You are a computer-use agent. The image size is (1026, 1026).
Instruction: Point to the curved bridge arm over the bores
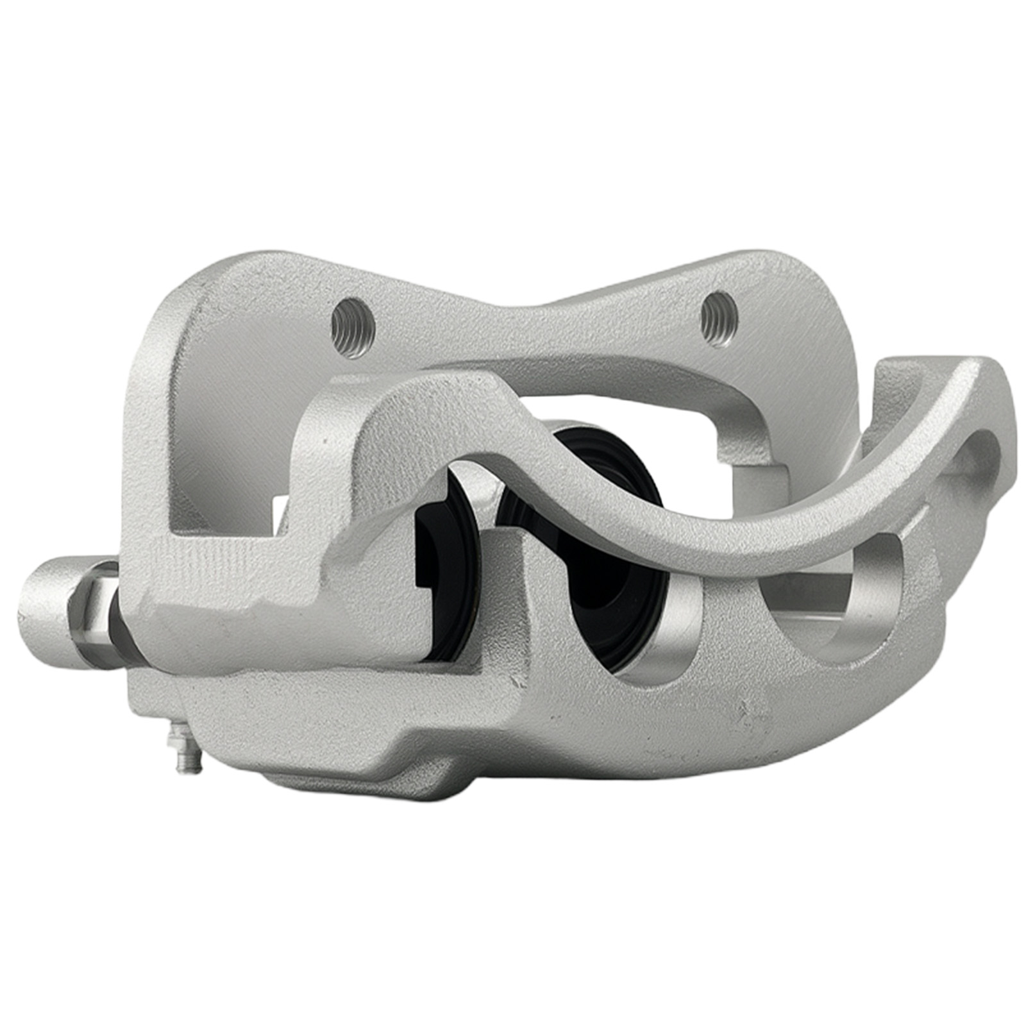pos(641,507)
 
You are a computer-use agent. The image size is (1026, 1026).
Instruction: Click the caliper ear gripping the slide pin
pos(212,596)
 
